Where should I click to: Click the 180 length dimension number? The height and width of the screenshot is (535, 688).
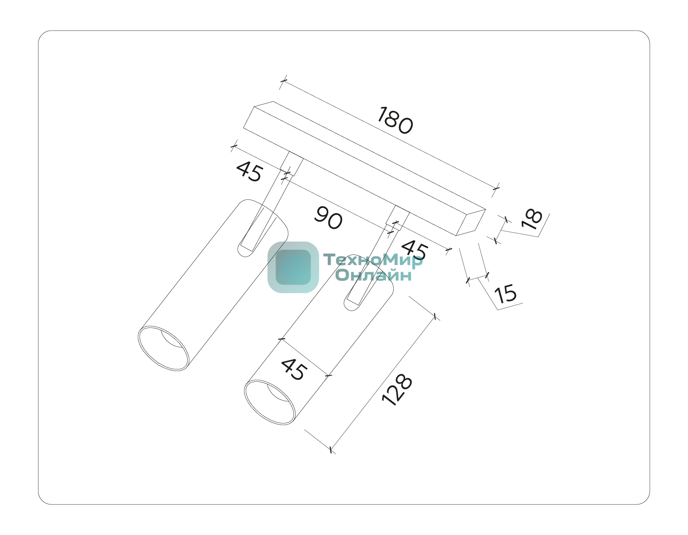[x=395, y=121]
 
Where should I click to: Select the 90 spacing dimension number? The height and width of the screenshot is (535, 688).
[x=328, y=218]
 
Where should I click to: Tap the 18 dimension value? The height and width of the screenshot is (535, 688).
[x=532, y=219]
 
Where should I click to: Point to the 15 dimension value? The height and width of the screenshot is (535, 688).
[x=505, y=294]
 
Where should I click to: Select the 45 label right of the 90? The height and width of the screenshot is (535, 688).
[x=415, y=250]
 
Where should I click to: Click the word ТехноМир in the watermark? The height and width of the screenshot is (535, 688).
[x=373, y=260]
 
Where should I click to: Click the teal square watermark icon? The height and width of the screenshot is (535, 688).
[x=293, y=267]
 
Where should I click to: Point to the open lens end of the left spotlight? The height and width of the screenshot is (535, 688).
[x=163, y=348]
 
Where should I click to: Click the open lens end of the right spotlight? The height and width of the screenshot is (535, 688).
[x=270, y=402]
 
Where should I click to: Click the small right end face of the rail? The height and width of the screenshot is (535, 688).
[x=471, y=222]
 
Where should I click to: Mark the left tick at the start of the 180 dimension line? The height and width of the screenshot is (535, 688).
[x=283, y=81]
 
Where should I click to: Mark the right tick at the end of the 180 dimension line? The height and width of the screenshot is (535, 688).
[x=496, y=188]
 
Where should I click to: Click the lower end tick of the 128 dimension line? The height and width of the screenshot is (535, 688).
[x=331, y=449]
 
